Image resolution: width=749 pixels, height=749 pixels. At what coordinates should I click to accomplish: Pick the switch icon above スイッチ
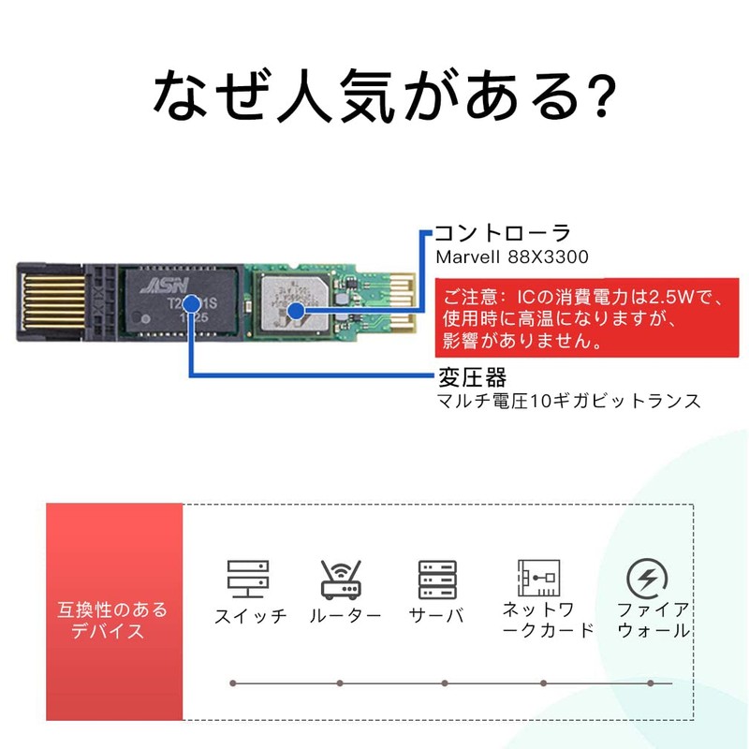(248, 580)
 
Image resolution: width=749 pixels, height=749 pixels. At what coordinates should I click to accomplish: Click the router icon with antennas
(341, 580)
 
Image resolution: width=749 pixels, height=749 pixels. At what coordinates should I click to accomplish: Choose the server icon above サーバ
(436, 580)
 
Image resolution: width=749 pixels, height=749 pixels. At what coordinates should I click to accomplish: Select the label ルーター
(345, 616)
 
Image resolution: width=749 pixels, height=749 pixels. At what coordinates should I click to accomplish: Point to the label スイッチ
(250, 616)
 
